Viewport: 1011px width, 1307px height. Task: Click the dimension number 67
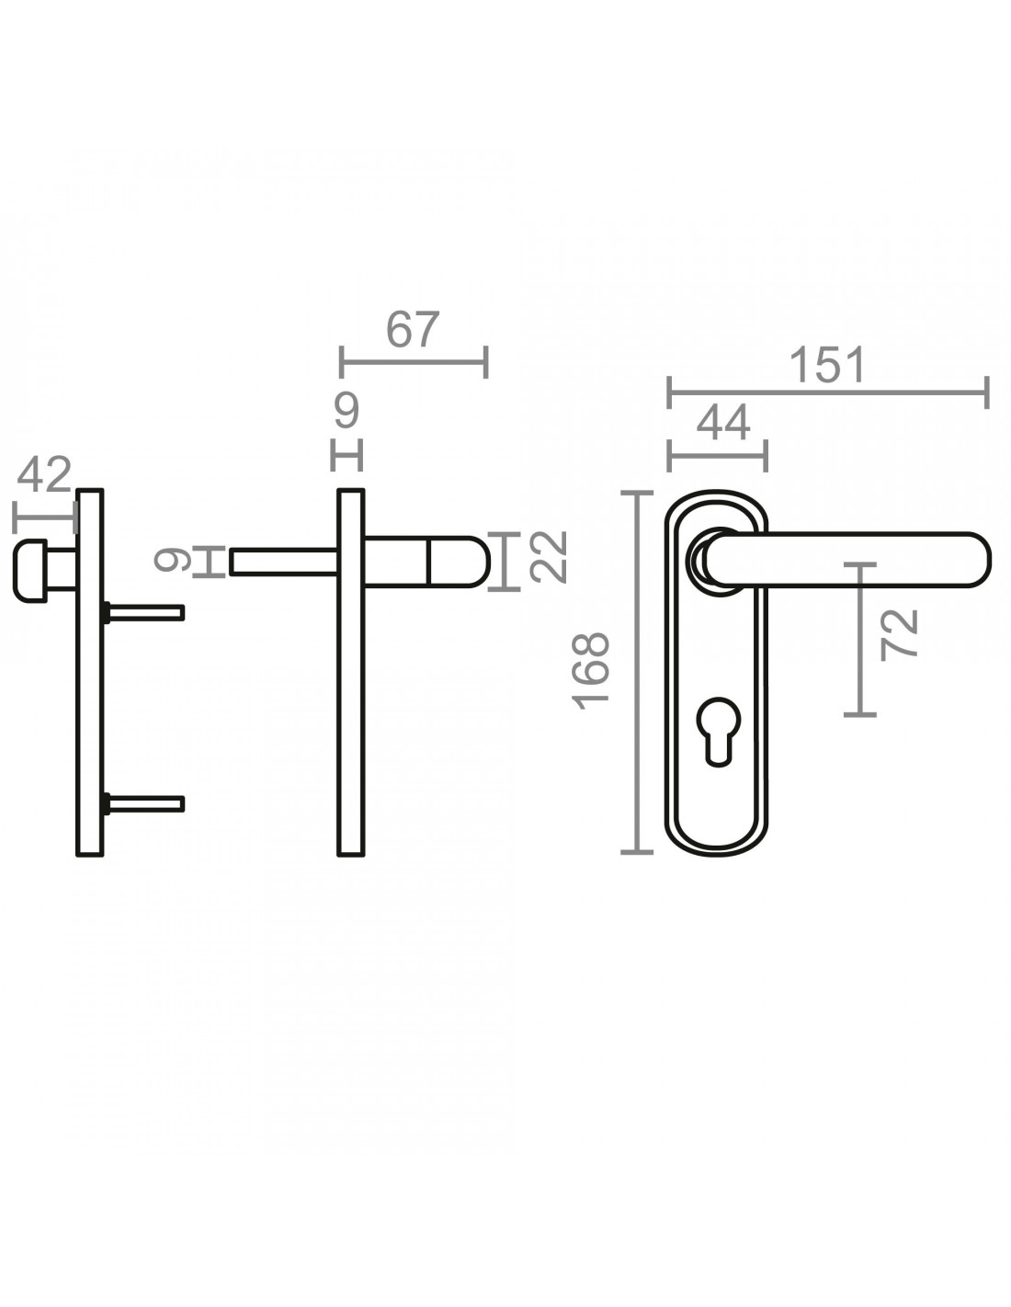click(414, 329)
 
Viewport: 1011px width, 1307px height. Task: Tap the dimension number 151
click(827, 365)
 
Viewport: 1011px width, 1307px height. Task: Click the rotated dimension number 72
click(899, 635)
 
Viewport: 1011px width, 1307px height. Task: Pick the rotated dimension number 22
click(548, 557)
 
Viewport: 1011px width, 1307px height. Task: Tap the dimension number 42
click(44, 474)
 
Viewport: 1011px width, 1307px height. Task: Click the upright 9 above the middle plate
click(347, 410)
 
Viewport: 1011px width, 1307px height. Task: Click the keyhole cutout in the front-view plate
click(719, 732)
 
